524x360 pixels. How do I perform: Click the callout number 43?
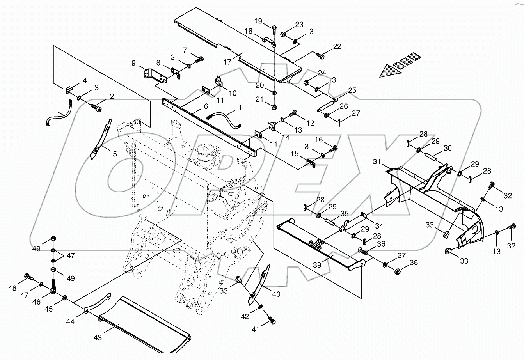point(98,337)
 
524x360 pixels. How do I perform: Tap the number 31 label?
point(376,162)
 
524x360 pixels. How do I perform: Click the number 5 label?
point(115,154)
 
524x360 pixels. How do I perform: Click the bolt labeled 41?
point(273,321)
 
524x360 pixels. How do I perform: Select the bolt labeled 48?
point(28,277)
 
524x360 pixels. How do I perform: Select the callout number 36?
point(381,244)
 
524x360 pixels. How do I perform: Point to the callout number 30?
point(448,148)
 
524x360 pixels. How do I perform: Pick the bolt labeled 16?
point(333,149)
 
